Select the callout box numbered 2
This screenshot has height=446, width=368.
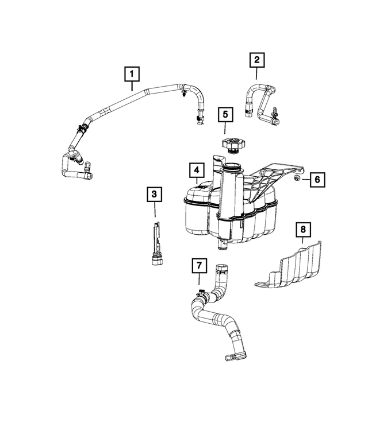(x=256, y=59)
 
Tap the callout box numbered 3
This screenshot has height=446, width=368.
(x=154, y=195)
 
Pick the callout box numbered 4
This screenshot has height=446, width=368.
(x=197, y=170)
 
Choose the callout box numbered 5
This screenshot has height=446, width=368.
(x=225, y=114)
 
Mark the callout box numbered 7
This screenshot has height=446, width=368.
(x=198, y=266)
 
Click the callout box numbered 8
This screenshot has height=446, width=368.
(x=303, y=230)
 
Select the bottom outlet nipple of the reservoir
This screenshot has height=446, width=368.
(x=221, y=246)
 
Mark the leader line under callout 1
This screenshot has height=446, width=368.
(x=132, y=86)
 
